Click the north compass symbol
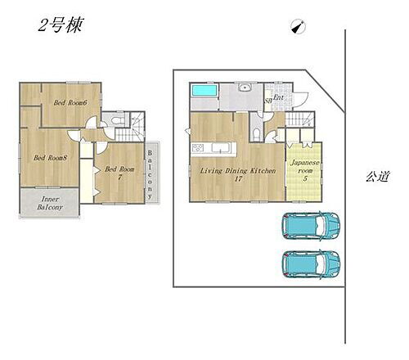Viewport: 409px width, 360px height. [295, 27]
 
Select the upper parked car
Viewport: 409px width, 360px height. [312, 224]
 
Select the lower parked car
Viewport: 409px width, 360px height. [312, 263]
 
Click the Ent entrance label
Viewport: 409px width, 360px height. [278, 98]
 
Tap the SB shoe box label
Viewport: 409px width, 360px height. [267, 101]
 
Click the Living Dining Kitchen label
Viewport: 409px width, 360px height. [228, 170]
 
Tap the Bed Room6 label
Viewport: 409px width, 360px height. [71, 102]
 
